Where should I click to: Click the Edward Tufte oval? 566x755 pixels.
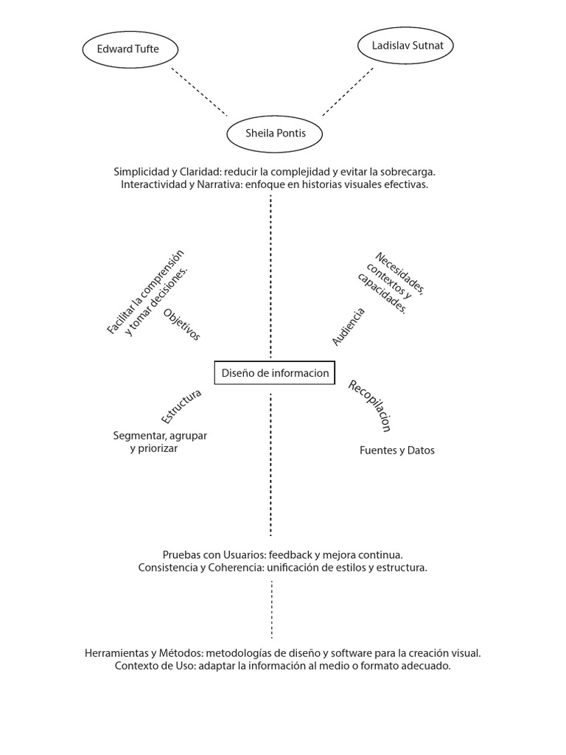(x=128, y=50)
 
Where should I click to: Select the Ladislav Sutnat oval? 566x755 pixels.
(x=405, y=46)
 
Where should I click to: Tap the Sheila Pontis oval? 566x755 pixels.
(x=276, y=133)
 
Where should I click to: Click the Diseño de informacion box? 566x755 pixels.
(x=275, y=372)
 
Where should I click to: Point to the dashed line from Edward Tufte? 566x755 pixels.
(x=199, y=92)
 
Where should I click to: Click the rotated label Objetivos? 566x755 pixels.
(x=181, y=324)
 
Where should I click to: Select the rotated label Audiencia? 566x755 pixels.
(x=348, y=327)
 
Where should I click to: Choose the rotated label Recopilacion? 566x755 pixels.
(x=369, y=405)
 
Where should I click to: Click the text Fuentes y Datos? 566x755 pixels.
(x=396, y=450)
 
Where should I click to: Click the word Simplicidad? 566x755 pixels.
(x=140, y=171)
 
